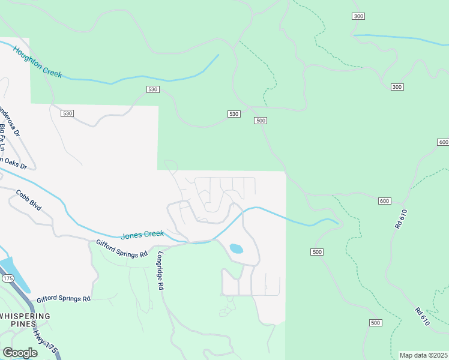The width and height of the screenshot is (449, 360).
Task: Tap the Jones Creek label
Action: point(142,235)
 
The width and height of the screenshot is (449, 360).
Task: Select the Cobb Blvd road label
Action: point(28,200)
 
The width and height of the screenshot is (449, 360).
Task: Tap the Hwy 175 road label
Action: point(41,340)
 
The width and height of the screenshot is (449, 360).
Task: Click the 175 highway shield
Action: point(7,278)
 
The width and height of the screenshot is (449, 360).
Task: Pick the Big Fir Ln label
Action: point(3,137)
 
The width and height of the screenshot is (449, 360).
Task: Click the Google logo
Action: point(20,352)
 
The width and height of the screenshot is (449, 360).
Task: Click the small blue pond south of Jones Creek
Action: point(237,248)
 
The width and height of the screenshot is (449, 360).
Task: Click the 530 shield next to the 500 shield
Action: point(234,114)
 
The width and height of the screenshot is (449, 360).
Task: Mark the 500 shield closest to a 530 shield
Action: point(261,121)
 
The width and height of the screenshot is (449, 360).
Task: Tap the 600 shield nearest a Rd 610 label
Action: point(385,200)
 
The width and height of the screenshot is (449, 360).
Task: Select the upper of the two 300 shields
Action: point(358,16)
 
